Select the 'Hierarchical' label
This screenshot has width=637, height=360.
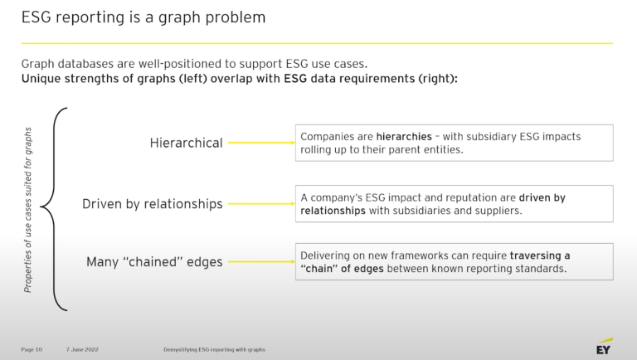(x=186, y=143)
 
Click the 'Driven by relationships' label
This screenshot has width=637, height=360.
(x=152, y=204)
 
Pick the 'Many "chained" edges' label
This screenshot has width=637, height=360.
(x=154, y=262)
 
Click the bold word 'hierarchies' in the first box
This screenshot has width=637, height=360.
(x=402, y=136)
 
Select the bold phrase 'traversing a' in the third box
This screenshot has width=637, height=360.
(x=540, y=255)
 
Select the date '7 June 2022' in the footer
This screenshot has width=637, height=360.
(x=83, y=349)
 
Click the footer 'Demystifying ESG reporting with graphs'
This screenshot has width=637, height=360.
(x=213, y=349)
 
